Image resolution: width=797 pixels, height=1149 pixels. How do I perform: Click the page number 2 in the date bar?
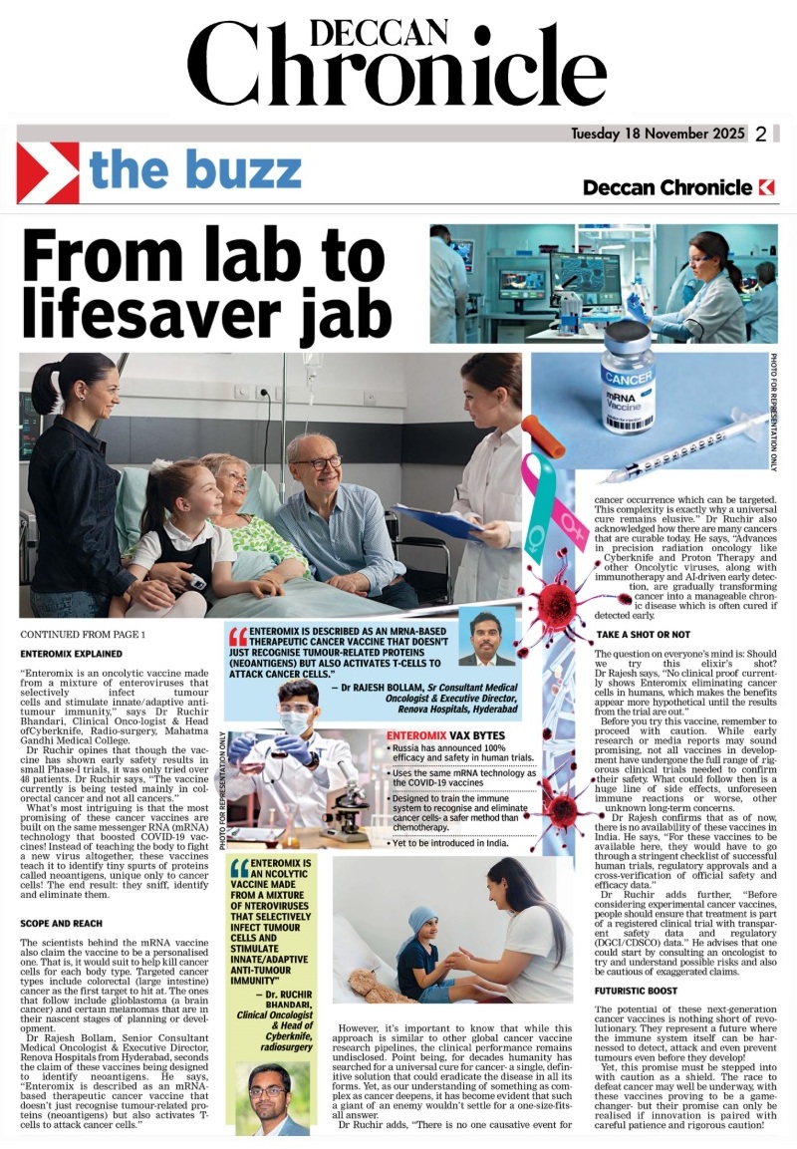761,135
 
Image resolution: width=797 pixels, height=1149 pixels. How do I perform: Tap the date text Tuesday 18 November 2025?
658,135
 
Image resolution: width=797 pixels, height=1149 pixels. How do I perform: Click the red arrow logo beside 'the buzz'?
48,172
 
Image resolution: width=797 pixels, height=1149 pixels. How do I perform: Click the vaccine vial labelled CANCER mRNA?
628,376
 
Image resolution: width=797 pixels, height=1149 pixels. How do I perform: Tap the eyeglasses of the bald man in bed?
317,463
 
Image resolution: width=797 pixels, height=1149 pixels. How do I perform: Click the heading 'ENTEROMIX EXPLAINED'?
72,654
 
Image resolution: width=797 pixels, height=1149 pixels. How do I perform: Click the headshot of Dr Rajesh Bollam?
487,637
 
